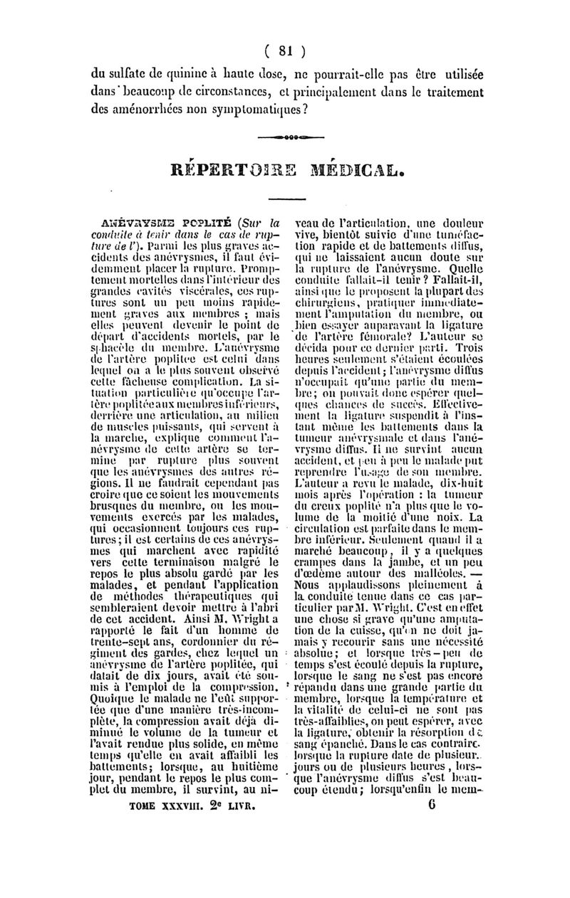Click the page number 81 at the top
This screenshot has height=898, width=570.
coord(285,51)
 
